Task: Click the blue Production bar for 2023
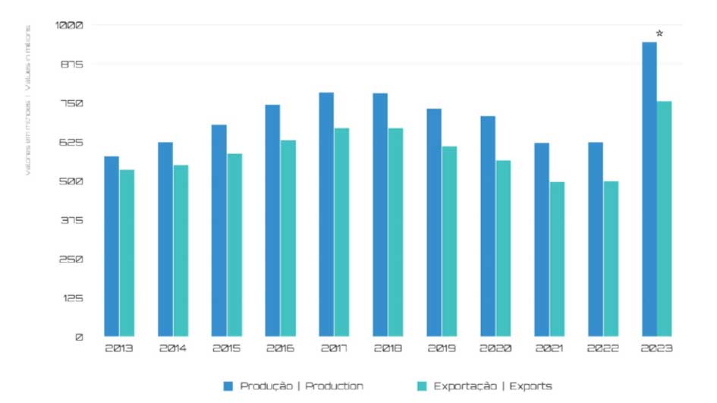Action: (x=649, y=189)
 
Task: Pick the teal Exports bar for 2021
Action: (x=558, y=259)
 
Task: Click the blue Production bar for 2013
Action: (x=112, y=246)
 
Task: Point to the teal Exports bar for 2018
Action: (x=395, y=231)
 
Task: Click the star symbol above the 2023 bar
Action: (x=659, y=33)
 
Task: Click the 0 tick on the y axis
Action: (x=79, y=337)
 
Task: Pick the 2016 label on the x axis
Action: (x=280, y=348)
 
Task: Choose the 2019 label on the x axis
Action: (x=442, y=348)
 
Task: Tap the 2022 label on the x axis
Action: (x=603, y=348)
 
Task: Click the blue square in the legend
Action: (x=228, y=386)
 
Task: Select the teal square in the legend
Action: (x=422, y=386)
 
